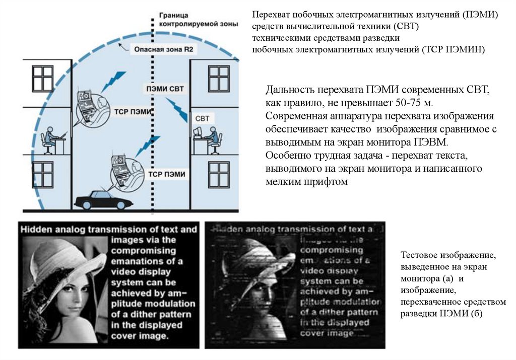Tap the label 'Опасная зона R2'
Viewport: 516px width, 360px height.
click(157, 49)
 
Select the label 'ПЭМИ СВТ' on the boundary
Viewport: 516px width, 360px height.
click(165, 89)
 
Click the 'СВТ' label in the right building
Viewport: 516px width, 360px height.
click(202, 118)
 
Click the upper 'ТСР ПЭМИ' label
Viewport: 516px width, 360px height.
click(132, 110)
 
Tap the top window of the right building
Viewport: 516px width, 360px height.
click(219, 79)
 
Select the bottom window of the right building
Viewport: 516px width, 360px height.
click(219, 174)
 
